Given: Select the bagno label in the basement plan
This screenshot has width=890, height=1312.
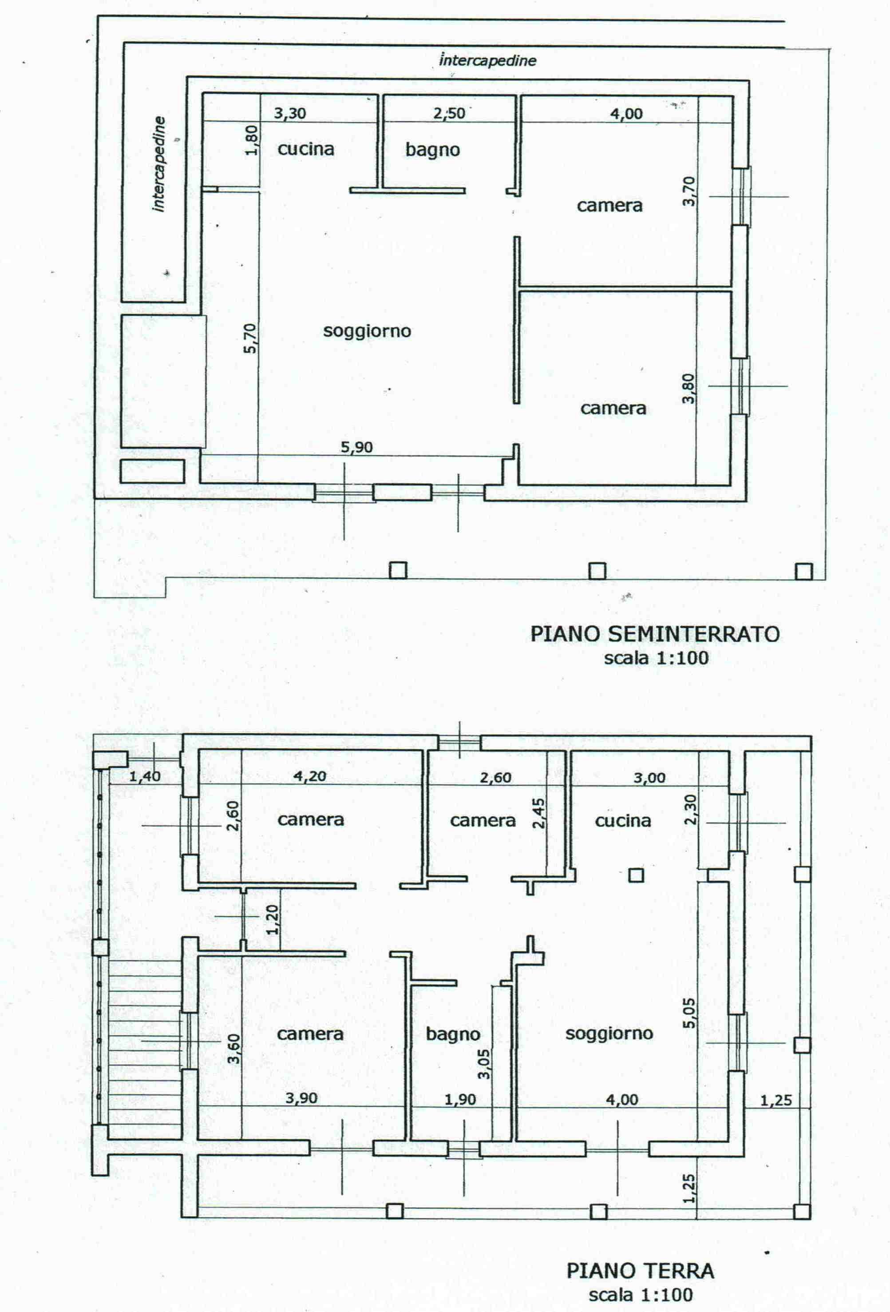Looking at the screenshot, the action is [x=433, y=150].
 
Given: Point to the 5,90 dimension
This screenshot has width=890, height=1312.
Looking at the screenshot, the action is [x=357, y=447].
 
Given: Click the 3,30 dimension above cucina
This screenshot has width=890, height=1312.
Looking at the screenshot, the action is [x=290, y=113].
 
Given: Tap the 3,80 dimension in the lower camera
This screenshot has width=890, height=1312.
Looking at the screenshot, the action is [x=688, y=389].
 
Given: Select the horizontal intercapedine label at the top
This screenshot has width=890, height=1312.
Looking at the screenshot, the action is [x=487, y=60].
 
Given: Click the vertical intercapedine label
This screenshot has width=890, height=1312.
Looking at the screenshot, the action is [x=159, y=164].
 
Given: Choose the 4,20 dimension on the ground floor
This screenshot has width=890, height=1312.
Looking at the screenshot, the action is [x=310, y=776].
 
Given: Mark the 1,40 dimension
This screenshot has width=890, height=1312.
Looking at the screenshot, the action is [x=145, y=777].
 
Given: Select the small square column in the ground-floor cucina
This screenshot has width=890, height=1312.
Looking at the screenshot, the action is [x=637, y=875].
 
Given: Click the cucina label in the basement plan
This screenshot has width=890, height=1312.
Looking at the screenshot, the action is [x=306, y=149].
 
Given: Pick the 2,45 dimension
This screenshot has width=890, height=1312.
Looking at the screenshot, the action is [x=539, y=812].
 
